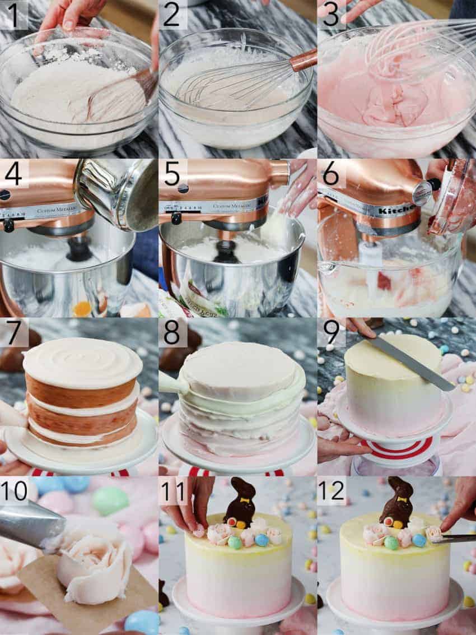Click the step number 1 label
point(13,15)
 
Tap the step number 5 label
point(172,174)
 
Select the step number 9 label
point(332,332)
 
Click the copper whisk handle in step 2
point(303,60)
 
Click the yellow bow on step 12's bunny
point(402,498)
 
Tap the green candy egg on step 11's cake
point(235,543)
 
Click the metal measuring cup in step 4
point(115,193)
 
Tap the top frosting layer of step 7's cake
point(82,361)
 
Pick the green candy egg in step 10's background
point(110,500)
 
